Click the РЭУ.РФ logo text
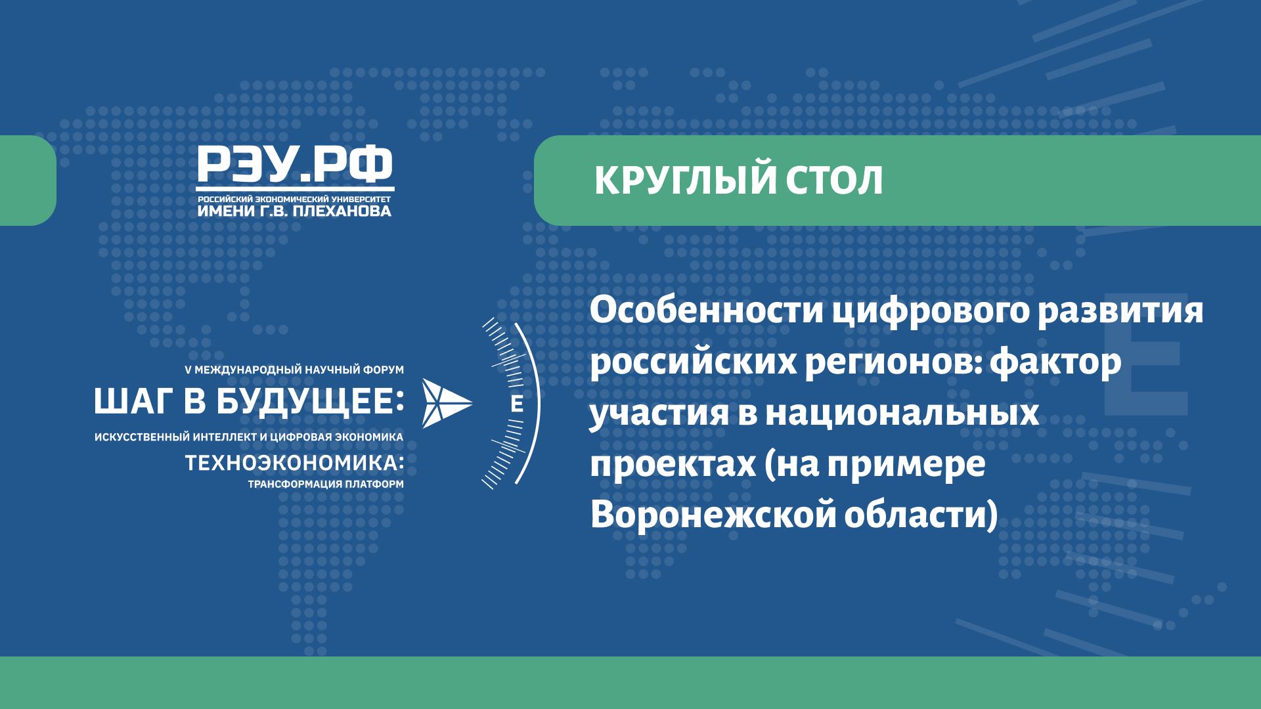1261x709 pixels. (x=295, y=165)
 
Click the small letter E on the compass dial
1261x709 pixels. (x=517, y=405)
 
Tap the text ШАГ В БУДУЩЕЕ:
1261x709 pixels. (x=249, y=402)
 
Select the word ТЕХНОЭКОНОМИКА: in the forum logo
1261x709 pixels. (x=295, y=463)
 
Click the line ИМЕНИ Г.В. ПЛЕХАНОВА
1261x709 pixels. (x=295, y=211)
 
